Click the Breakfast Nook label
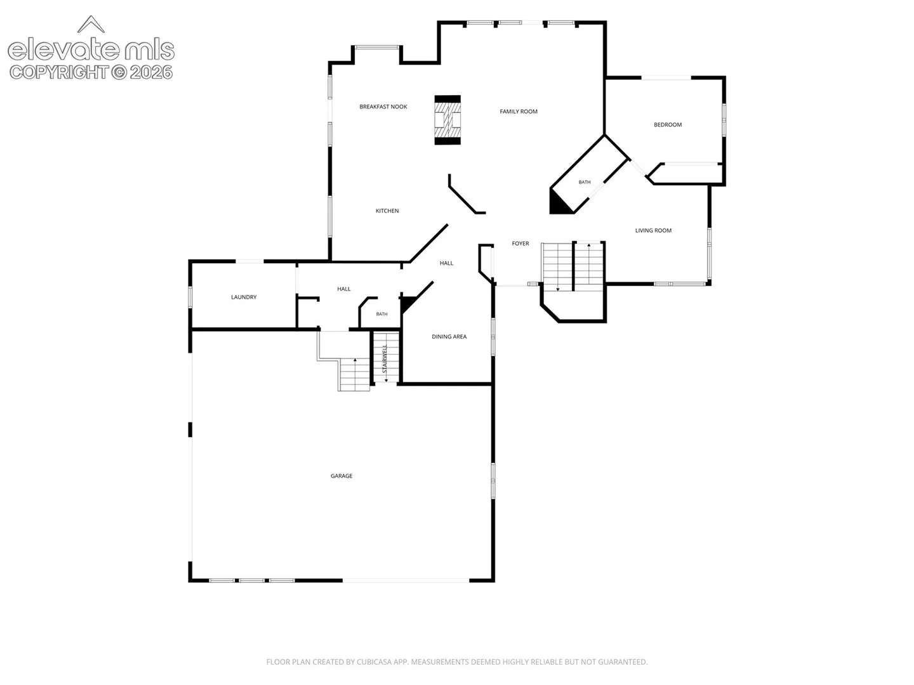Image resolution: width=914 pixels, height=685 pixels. tap(383, 107)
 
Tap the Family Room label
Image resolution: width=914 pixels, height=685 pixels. tap(519, 112)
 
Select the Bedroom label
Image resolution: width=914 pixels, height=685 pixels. tap(668, 125)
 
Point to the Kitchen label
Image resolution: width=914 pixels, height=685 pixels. tap(387, 211)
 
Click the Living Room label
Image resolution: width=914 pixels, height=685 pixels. tap(653, 230)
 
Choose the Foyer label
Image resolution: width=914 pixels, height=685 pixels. tap(520, 244)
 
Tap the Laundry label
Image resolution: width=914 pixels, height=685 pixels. tap(244, 297)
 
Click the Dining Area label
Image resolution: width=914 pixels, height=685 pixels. tap(449, 336)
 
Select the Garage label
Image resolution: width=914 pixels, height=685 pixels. tap(341, 476)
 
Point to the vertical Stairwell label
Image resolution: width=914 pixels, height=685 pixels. tap(385, 358)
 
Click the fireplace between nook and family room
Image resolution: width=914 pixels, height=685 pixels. tap(447, 121)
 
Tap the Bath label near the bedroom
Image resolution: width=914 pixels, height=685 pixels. tap(585, 182)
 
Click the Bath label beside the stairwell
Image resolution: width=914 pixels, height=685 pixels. tap(382, 314)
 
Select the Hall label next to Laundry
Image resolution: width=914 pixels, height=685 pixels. tap(344, 289)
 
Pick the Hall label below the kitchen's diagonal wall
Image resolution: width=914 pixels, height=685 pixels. tap(446, 263)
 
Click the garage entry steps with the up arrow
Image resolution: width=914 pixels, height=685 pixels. tap(354, 375)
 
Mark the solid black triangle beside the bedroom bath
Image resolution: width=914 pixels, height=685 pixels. tap(559, 203)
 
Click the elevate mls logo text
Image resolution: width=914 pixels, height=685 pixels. tap(91, 50)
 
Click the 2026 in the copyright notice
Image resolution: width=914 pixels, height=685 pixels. tap(151, 73)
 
